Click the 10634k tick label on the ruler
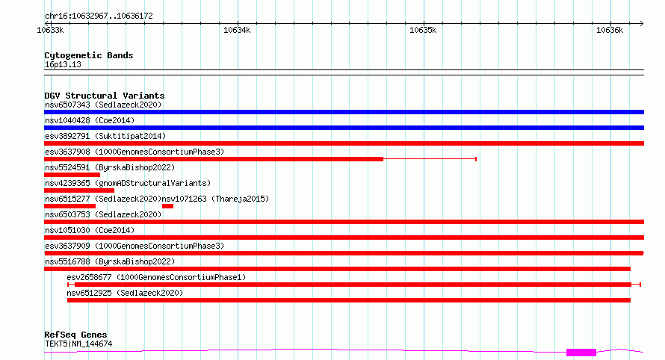[x=237, y=30]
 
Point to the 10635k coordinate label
[x=423, y=30]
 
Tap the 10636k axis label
[x=610, y=30]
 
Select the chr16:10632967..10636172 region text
[x=99, y=16]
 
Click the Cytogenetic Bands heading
[x=89, y=55]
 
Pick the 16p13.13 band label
[x=63, y=64]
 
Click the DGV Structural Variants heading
[x=105, y=96]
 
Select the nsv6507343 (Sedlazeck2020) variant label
[x=103, y=105]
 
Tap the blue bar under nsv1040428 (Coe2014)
[x=344, y=128]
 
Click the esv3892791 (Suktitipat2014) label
[x=105, y=136]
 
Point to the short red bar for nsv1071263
[x=167, y=206]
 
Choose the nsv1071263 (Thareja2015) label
[x=215, y=199]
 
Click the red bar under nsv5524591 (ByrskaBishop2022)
[x=72, y=175]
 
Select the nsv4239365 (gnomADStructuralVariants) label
[x=128, y=183]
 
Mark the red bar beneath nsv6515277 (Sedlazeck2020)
[x=69, y=206]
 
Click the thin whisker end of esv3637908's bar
[x=476, y=159]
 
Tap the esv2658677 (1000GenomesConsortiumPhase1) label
[x=156, y=277]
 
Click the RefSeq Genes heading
[x=75, y=335]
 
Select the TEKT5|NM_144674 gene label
[x=78, y=344]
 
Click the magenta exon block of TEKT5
[x=581, y=353]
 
